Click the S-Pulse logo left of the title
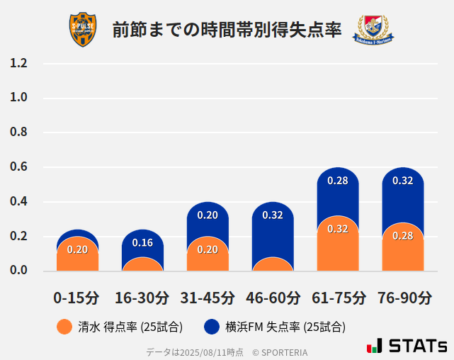83,30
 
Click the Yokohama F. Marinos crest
374,30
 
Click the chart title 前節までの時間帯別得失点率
227,30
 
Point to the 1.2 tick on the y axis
19,63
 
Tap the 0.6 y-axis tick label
19,167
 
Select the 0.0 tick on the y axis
19,271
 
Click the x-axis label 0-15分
76,298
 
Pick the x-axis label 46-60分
273,298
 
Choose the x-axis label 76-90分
404,298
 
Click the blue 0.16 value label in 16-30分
142,243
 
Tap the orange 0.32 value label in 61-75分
338,229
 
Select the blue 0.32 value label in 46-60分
273,215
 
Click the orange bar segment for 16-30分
142,265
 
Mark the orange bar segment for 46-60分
273,265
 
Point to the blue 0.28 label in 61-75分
338,181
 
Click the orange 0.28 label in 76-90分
403,235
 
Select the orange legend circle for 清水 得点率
64,327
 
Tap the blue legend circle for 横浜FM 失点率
212,327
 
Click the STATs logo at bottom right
407,346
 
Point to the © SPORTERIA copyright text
280,351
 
